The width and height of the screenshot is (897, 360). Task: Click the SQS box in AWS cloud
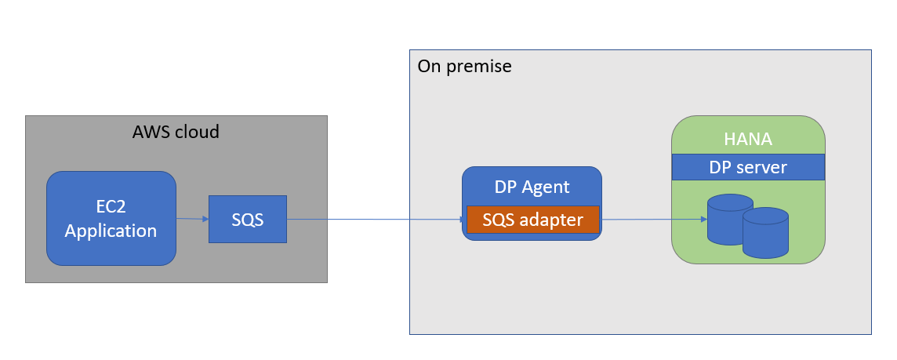[x=247, y=219]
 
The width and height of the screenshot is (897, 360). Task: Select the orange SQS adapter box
[x=532, y=220]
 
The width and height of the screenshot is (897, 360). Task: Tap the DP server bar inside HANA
[x=747, y=167]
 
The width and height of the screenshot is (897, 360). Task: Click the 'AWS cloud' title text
[x=176, y=132]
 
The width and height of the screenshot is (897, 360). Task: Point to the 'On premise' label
[x=464, y=67]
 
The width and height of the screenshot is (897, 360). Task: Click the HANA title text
[x=747, y=140]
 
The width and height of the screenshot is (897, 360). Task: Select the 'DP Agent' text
[x=532, y=187]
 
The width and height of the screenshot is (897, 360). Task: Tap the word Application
[x=111, y=231]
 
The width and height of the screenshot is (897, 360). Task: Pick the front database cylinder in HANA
[x=764, y=233]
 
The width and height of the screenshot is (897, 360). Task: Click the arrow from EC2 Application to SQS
[x=192, y=218]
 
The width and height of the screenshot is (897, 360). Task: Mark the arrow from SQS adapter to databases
[x=651, y=220]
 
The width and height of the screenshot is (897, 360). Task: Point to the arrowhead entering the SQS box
[x=205, y=219]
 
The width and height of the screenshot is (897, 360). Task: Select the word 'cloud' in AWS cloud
[x=197, y=132]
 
